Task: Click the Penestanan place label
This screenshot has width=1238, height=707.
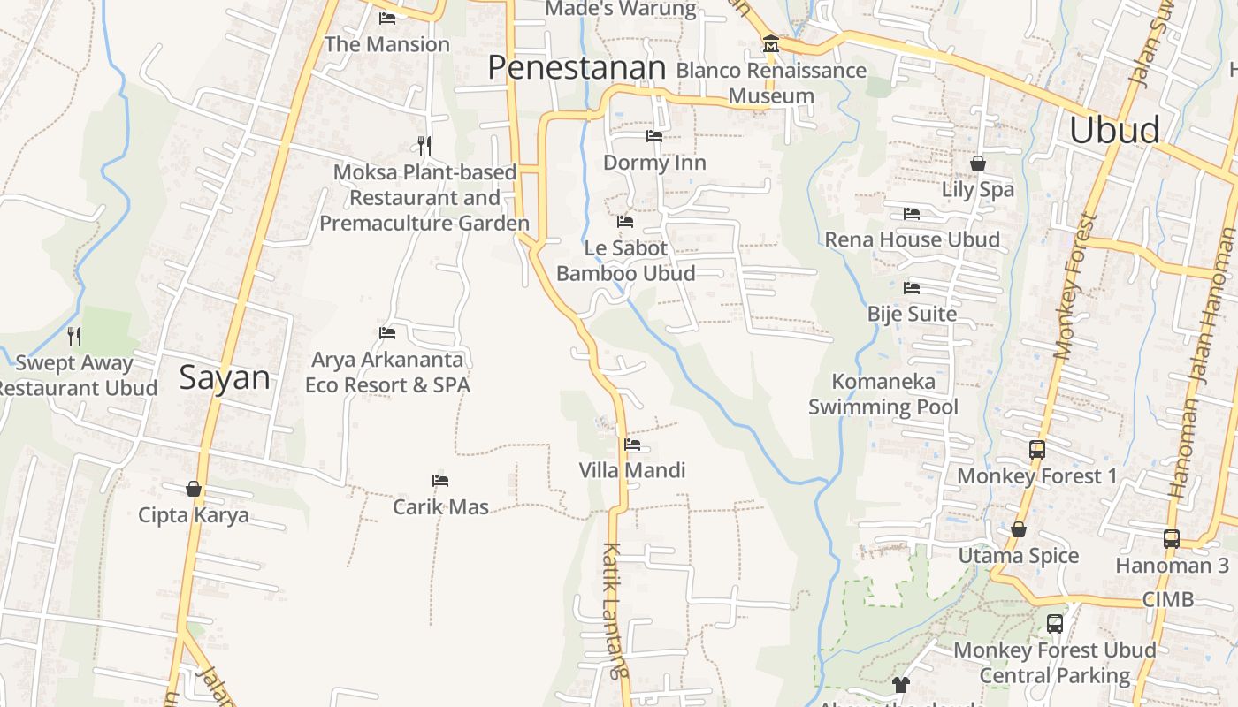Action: (x=577, y=68)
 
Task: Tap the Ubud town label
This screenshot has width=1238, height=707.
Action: (x=1114, y=130)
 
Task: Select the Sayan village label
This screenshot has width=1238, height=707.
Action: (x=225, y=378)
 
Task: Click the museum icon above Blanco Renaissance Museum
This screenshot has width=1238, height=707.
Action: (x=771, y=44)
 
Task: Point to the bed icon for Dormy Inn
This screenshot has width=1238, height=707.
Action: (x=654, y=136)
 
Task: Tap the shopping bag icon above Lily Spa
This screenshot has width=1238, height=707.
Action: (x=978, y=163)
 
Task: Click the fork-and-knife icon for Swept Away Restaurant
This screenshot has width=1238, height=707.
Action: (x=74, y=336)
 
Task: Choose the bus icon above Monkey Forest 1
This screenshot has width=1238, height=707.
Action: (x=1037, y=450)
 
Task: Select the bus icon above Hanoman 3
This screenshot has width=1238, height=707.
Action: (x=1172, y=538)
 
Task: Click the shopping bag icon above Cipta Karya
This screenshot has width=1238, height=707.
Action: (x=194, y=489)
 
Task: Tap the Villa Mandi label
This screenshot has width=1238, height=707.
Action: (x=632, y=470)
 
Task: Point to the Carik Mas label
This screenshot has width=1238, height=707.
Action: (x=440, y=507)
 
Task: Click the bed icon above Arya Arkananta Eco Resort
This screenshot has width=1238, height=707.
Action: (x=387, y=333)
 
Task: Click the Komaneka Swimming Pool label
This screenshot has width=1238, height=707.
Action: (x=883, y=394)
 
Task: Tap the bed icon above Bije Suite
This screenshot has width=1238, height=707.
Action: (x=912, y=288)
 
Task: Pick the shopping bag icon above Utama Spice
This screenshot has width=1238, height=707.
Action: (x=1019, y=529)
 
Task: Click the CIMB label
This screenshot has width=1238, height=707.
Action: (x=1168, y=600)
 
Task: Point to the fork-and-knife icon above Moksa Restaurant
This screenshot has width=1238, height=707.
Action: (x=424, y=145)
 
